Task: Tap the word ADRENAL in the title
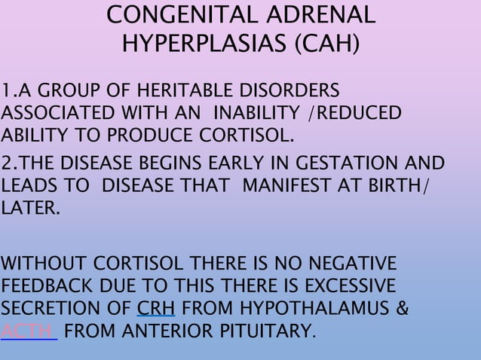[320, 16]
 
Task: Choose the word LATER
[29, 208]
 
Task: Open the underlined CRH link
[155, 308]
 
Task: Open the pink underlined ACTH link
[28, 331]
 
